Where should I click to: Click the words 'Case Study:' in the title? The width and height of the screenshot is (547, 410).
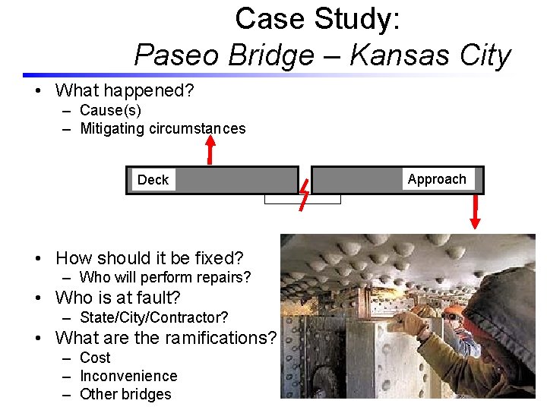click(x=317, y=19)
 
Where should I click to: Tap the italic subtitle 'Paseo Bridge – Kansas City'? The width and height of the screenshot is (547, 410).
click(x=322, y=55)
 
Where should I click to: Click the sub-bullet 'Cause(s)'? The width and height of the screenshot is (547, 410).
click(x=111, y=111)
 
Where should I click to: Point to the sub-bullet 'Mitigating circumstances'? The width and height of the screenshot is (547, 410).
click(x=163, y=129)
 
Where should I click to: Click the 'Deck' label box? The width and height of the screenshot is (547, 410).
click(x=153, y=180)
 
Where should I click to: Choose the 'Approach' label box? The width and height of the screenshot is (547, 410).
click(x=437, y=179)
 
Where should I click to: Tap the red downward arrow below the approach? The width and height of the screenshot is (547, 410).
click(x=476, y=212)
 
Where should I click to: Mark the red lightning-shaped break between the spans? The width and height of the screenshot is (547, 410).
click(x=304, y=194)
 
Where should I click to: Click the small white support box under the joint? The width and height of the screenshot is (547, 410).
click(x=302, y=200)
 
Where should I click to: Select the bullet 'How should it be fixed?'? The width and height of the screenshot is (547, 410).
click(x=150, y=258)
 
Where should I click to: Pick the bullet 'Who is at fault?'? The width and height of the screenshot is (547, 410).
click(x=118, y=298)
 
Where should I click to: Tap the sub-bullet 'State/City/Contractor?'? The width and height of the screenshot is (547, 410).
click(x=153, y=317)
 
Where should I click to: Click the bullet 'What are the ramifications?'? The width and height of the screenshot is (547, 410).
click(x=166, y=337)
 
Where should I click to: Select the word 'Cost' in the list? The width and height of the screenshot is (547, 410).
click(x=95, y=358)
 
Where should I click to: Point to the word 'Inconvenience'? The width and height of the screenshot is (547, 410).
click(x=128, y=376)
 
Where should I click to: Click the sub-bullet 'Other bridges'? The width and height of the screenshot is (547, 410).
click(x=125, y=394)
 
